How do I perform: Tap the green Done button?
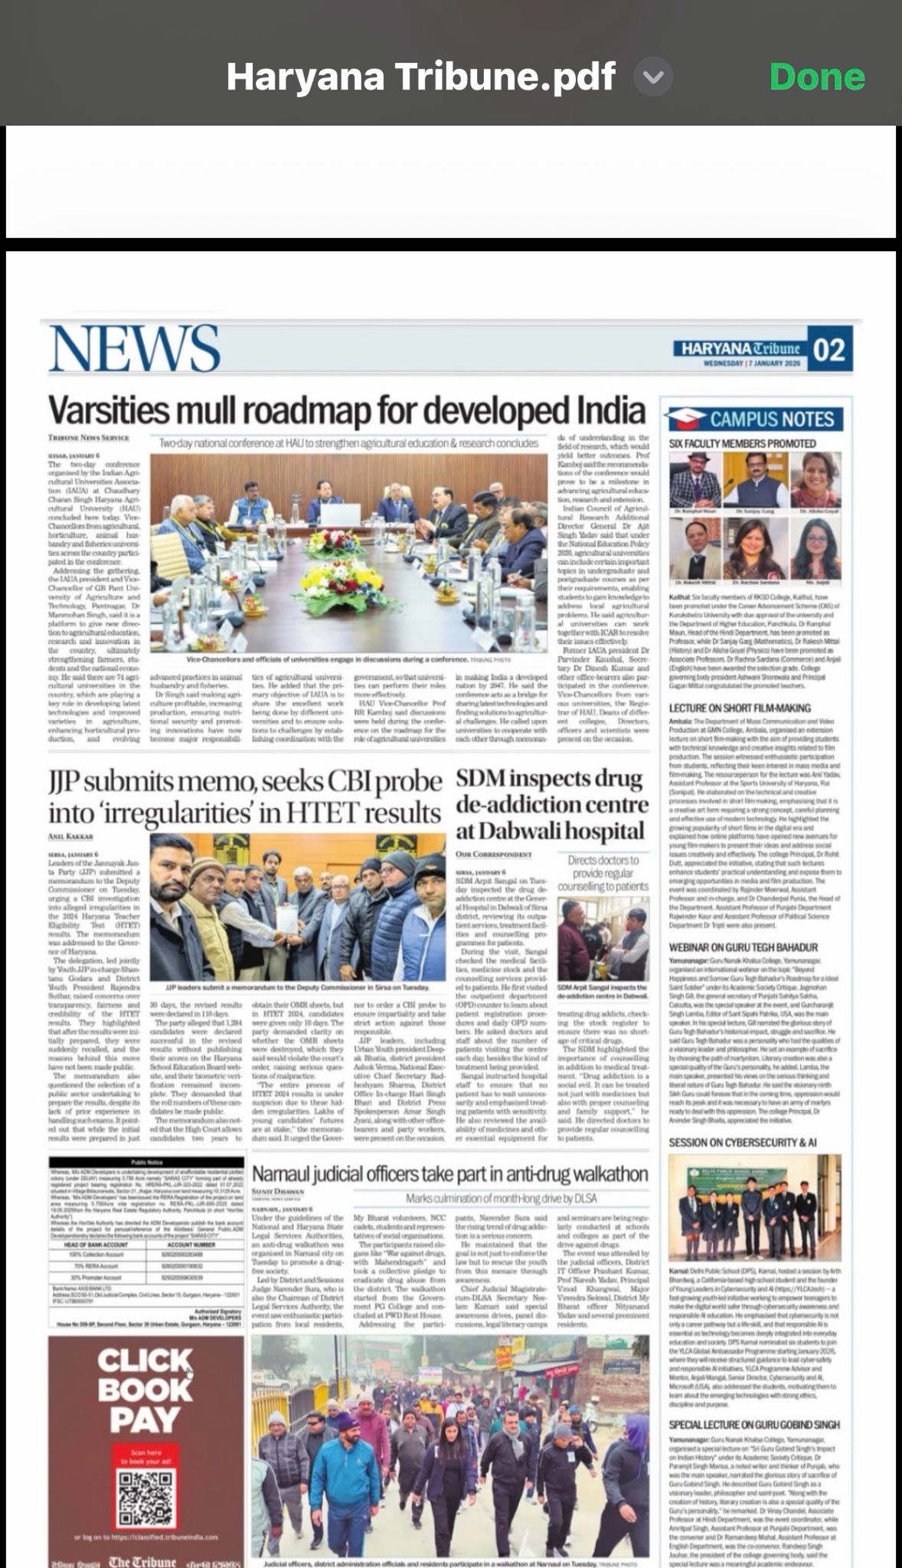[816, 77]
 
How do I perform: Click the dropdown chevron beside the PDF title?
[653, 77]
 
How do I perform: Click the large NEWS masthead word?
[135, 348]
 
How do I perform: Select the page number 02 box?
[828, 351]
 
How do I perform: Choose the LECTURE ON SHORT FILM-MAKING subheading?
[740, 708]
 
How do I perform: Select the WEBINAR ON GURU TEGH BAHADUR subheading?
[743, 948]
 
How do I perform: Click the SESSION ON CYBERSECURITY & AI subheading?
[743, 1142]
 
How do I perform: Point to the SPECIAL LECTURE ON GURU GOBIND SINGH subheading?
[754, 1425]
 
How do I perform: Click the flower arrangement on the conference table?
[335, 542]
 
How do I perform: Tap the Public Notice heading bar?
[145, 1161]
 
